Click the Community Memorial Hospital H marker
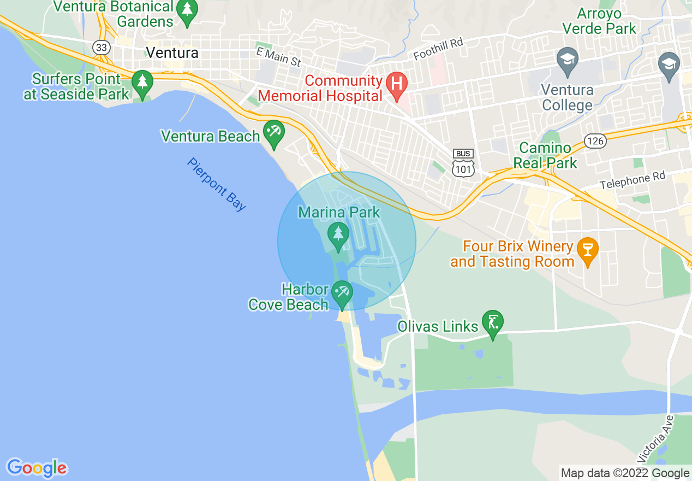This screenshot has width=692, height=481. [397, 84]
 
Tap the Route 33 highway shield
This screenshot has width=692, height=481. [101, 47]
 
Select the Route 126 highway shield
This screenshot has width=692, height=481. [595, 141]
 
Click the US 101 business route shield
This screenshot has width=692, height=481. [463, 163]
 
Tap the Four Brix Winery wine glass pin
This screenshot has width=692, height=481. [588, 250]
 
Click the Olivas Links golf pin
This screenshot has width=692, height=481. [493, 322]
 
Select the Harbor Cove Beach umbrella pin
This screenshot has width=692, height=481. [342, 292]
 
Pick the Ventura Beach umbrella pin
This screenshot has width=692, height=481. [273, 132]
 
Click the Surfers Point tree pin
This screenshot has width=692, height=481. [142, 83]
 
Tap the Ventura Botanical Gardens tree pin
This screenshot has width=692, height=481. [187, 11]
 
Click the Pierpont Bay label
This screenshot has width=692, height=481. [217, 185]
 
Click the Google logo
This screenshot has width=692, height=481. [37, 468]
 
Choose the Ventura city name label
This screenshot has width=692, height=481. [172, 53]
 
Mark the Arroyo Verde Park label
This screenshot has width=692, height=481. [599, 21]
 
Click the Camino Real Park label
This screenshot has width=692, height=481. [548, 155]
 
